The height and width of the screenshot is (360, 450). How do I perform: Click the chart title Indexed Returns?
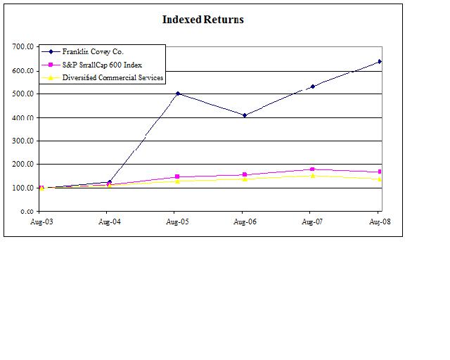pyautogui.click(x=203, y=20)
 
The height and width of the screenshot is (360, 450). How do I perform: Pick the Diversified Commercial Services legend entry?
pyautogui.click(x=113, y=77)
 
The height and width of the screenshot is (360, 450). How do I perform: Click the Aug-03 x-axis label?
pyautogui.click(x=40, y=221)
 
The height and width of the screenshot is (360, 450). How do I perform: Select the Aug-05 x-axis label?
pyautogui.click(x=176, y=221)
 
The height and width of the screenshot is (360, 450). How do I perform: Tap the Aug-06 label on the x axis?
pyautogui.click(x=243, y=221)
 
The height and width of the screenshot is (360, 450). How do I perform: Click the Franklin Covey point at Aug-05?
pyautogui.click(x=176, y=94)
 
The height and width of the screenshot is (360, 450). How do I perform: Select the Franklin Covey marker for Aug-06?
pyautogui.click(x=244, y=115)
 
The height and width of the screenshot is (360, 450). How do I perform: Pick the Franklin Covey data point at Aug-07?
pyautogui.click(x=311, y=86)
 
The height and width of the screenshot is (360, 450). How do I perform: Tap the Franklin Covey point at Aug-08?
pyautogui.click(x=380, y=61)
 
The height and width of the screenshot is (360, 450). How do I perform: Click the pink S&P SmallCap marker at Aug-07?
pyautogui.click(x=311, y=169)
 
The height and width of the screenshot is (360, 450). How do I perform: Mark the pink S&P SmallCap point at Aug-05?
pyautogui.click(x=176, y=176)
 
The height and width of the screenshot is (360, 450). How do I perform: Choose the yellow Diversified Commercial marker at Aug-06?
pyautogui.click(x=244, y=179)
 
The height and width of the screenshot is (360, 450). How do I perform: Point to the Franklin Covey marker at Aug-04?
pyautogui.click(x=109, y=182)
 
